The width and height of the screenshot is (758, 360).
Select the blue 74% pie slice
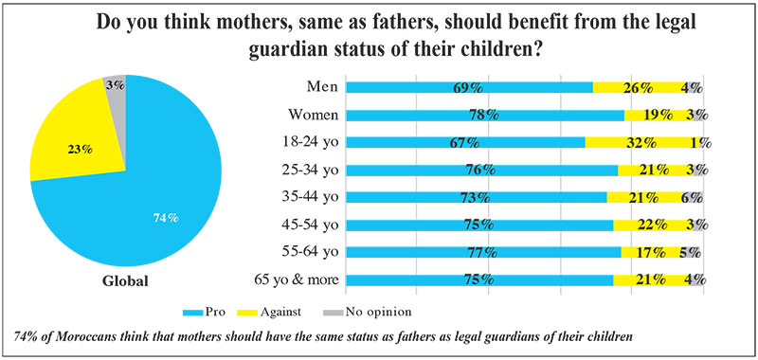pos(145,203)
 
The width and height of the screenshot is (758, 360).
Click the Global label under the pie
pos(126,281)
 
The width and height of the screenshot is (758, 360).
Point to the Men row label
pos(323,87)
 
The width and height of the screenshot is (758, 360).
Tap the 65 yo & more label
pos(296,280)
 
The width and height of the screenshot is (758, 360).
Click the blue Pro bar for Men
pos(470,87)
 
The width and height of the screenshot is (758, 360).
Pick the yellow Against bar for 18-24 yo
pos(642,142)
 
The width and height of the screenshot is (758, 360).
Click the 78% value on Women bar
pos(484,116)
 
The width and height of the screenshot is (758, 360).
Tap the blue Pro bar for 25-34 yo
pos(482,171)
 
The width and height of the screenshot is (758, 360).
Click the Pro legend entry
pos(204,313)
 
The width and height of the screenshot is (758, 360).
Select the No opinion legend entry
pos(367,313)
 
